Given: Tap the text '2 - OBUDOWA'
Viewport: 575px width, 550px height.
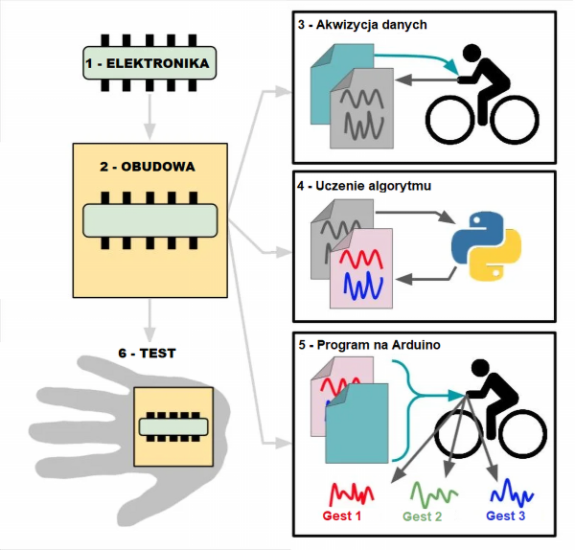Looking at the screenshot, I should coord(148,166).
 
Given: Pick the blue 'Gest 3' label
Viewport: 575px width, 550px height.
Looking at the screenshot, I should coord(506,516).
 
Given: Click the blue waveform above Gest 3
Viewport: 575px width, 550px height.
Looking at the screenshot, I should coord(510,495).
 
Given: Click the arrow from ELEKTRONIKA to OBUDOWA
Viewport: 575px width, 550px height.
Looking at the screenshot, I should coord(149,114).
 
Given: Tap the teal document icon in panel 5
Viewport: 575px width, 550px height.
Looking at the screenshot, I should coord(357,423).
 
